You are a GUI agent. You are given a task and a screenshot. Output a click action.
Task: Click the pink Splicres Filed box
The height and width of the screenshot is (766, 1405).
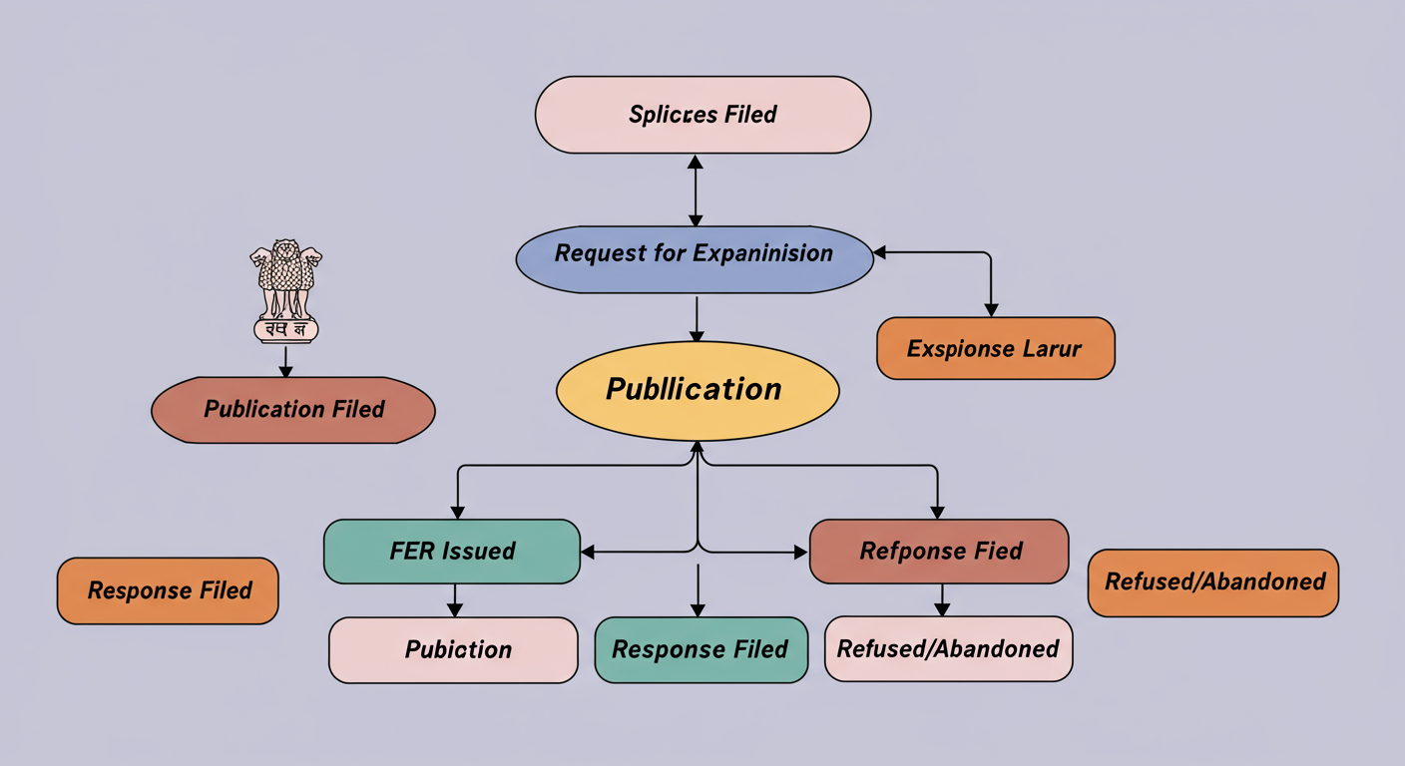point(702,115)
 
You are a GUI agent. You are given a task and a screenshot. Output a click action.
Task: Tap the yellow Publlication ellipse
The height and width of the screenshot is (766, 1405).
point(697,390)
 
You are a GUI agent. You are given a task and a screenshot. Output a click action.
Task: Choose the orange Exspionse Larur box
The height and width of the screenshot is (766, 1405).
point(995,349)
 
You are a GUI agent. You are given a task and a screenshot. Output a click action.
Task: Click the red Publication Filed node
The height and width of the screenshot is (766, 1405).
point(293,409)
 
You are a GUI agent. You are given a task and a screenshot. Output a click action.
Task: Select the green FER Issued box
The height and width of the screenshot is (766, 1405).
point(451,551)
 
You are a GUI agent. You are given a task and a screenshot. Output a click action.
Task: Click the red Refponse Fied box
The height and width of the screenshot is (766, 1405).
point(938,551)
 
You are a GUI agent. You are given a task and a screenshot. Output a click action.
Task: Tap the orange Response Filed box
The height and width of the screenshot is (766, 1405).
point(168,590)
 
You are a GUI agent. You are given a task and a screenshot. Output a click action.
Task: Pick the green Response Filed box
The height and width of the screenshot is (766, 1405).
point(701,650)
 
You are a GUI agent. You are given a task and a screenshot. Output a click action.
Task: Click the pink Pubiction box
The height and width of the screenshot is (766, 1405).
point(453,650)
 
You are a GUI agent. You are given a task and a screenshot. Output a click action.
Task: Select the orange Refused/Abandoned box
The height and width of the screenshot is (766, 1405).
point(1212,582)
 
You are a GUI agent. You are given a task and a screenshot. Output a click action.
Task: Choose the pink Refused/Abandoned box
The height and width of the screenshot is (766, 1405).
point(948,649)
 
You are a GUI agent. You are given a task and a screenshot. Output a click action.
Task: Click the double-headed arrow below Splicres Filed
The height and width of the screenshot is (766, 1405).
point(696,190)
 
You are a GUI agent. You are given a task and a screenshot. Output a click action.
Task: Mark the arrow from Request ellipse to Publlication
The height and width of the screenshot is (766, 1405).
point(696,319)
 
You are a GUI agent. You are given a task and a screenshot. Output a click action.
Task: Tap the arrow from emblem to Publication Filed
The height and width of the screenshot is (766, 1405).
point(285,360)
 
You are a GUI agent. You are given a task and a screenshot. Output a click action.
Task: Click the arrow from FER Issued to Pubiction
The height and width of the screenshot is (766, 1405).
point(455,599)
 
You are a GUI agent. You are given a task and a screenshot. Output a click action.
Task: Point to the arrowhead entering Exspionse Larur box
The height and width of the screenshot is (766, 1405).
point(990,309)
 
